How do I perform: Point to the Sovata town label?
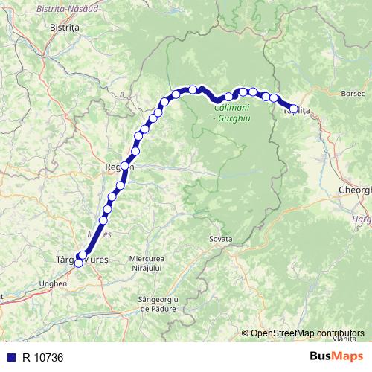(221, 239)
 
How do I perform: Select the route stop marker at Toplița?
(293, 109)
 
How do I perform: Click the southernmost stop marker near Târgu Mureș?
(78, 263)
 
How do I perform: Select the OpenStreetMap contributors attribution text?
(307, 333)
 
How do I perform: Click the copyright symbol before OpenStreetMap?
(245, 333)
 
